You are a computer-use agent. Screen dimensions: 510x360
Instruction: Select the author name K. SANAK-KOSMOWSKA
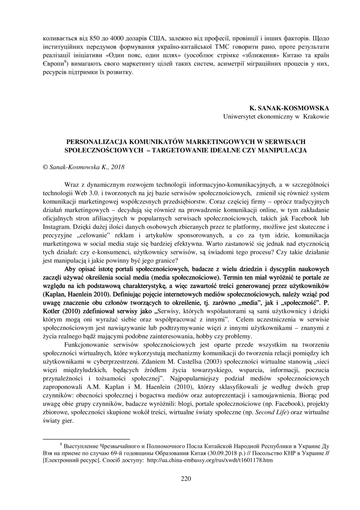289,108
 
